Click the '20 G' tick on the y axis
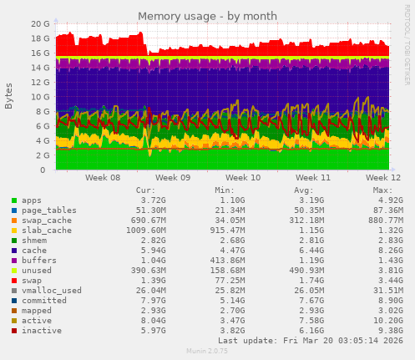pyautogui.click(x=39, y=23)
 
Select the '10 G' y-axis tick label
pyautogui.click(x=39, y=97)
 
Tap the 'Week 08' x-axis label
pyautogui.click(x=103, y=178)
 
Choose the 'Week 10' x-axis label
pyautogui.click(x=243, y=178)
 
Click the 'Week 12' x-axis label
pyautogui.click(x=383, y=178)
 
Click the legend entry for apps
pyautogui.click(x=32, y=200)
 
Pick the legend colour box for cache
pyautogui.click(x=13, y=250)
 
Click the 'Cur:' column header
pyautogui.click(x=145, y=190)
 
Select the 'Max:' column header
pyautogui.click(x=382, y=190)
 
